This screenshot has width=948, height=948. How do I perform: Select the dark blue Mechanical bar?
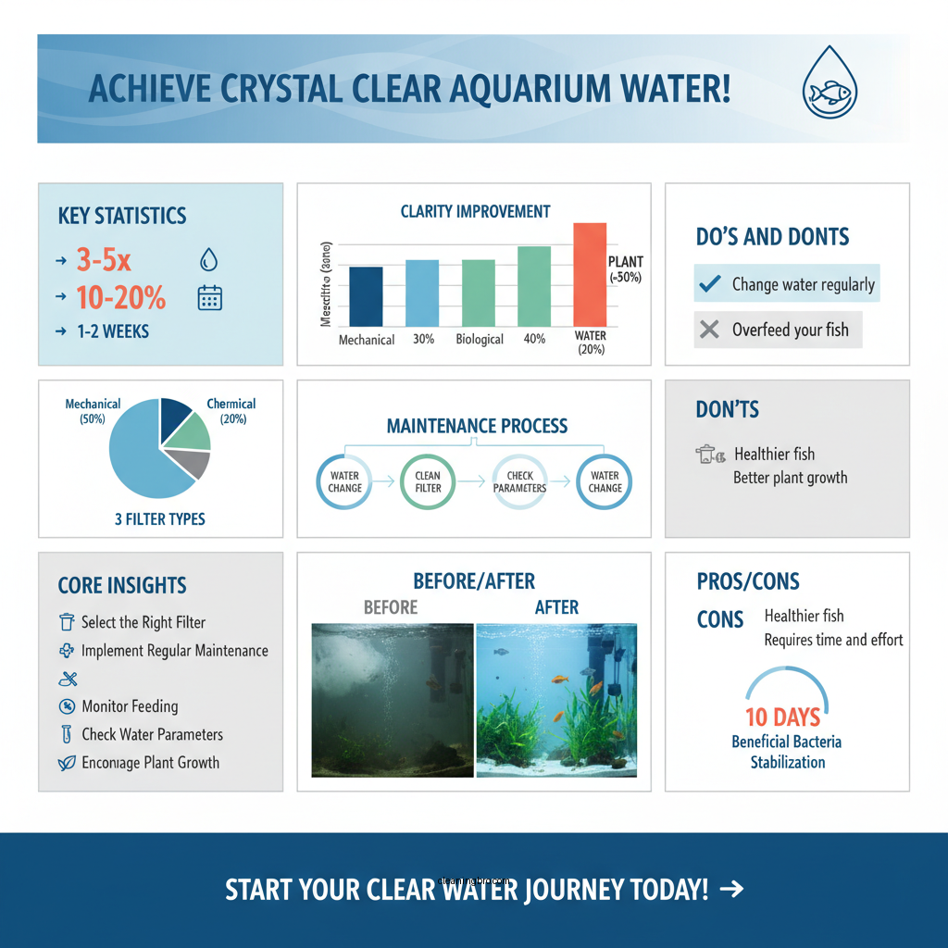coord(366,296)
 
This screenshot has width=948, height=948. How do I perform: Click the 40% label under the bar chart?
coord(534,339)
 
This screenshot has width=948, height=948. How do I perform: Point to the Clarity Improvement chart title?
coord(475,211)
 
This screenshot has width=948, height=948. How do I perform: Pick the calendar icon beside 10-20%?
coord(210,297)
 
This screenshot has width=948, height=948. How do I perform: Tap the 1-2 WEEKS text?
coord(113,331)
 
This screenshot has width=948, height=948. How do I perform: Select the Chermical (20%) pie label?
coord(231,411)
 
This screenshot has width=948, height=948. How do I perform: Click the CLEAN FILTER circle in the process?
coord(428,481)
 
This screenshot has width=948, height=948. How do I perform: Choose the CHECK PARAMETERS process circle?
coord(519,481)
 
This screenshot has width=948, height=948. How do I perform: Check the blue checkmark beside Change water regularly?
coord(709,284)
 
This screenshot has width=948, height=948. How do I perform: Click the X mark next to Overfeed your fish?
coord(709,330)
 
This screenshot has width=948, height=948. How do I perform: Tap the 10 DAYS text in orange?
coord(783,717)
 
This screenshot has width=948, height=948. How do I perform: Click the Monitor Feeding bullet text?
coord(130,706)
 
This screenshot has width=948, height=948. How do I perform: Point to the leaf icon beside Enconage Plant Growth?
coord(66,763)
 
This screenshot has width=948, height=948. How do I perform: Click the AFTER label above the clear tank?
coord(556,607)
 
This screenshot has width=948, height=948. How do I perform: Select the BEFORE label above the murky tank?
coord(390,607)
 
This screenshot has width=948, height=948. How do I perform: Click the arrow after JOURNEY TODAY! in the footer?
coord(731,890)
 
